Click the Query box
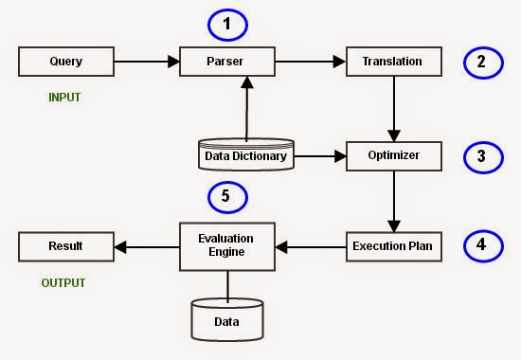point(66,62)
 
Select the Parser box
point(227,62)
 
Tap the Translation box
point(394,62)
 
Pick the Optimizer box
point(394,156)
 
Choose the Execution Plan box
point(394,246)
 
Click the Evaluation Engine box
point(227,246)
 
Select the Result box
point(66,246)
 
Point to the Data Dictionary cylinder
point(246,154)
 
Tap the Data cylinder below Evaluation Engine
point(227,320)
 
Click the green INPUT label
point(64,98)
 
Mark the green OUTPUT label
point(63,283)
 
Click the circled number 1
point(227,25)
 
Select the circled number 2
point(483,63)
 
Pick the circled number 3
point(483,157)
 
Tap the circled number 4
point(483,246)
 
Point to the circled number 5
point(227,197)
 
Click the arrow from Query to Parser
point(147,62)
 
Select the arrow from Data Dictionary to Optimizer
point(320,156)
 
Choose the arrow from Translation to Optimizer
point(394,109)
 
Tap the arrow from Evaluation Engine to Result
point(147,247)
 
